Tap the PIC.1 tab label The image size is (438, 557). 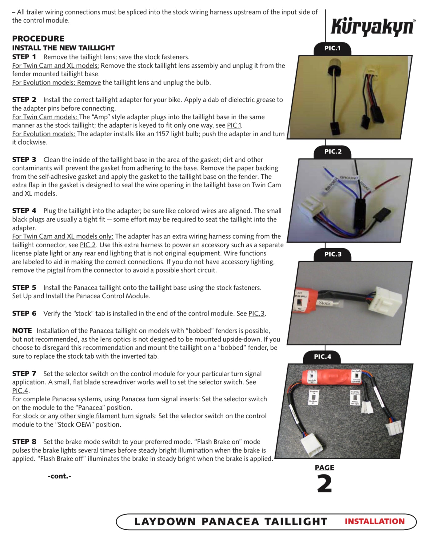pos(332,48)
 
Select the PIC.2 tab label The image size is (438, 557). pos(333,152)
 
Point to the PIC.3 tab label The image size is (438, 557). pos(333,254)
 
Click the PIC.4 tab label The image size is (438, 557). pos(322,357)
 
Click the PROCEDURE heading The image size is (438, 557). pos(38,39)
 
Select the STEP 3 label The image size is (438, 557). pos(24,160)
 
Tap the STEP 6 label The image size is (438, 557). pos(24,313)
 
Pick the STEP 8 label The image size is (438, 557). pos(24,442)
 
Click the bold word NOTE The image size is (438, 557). pos(22,331)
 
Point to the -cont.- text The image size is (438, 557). pos(59,476)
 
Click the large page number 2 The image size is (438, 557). pos(325,484)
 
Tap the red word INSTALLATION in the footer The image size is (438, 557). pos(374,521)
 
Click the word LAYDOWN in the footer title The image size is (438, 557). pos(165,522)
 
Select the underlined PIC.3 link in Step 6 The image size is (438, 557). pos(256,314)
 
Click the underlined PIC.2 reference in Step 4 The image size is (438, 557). pos(88,245)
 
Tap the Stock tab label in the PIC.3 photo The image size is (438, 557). pos(325,303)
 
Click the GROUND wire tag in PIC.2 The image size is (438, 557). pos(348,178)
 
